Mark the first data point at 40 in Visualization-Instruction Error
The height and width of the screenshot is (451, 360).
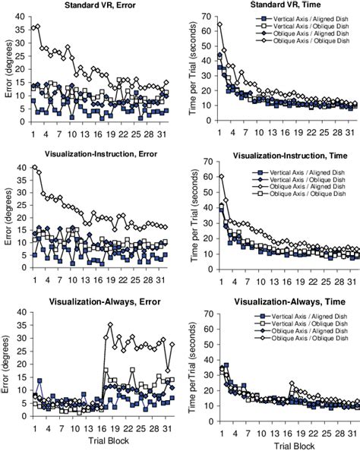point(34,167)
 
